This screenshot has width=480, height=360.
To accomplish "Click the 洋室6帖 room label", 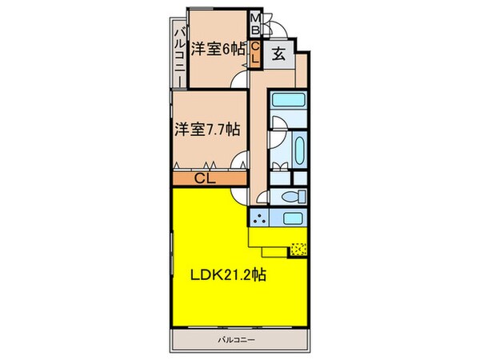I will coord(218,49).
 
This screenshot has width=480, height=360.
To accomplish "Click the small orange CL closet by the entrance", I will coord(255,53).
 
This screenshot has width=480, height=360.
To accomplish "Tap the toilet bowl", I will coord(291,196).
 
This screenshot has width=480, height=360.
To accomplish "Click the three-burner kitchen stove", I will coord(259,218).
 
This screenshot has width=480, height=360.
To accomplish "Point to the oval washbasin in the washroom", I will coord(297,150).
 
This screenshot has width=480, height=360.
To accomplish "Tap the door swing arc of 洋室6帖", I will coord(239,78).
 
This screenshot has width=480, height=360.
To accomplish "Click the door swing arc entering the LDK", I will coord(239,194).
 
